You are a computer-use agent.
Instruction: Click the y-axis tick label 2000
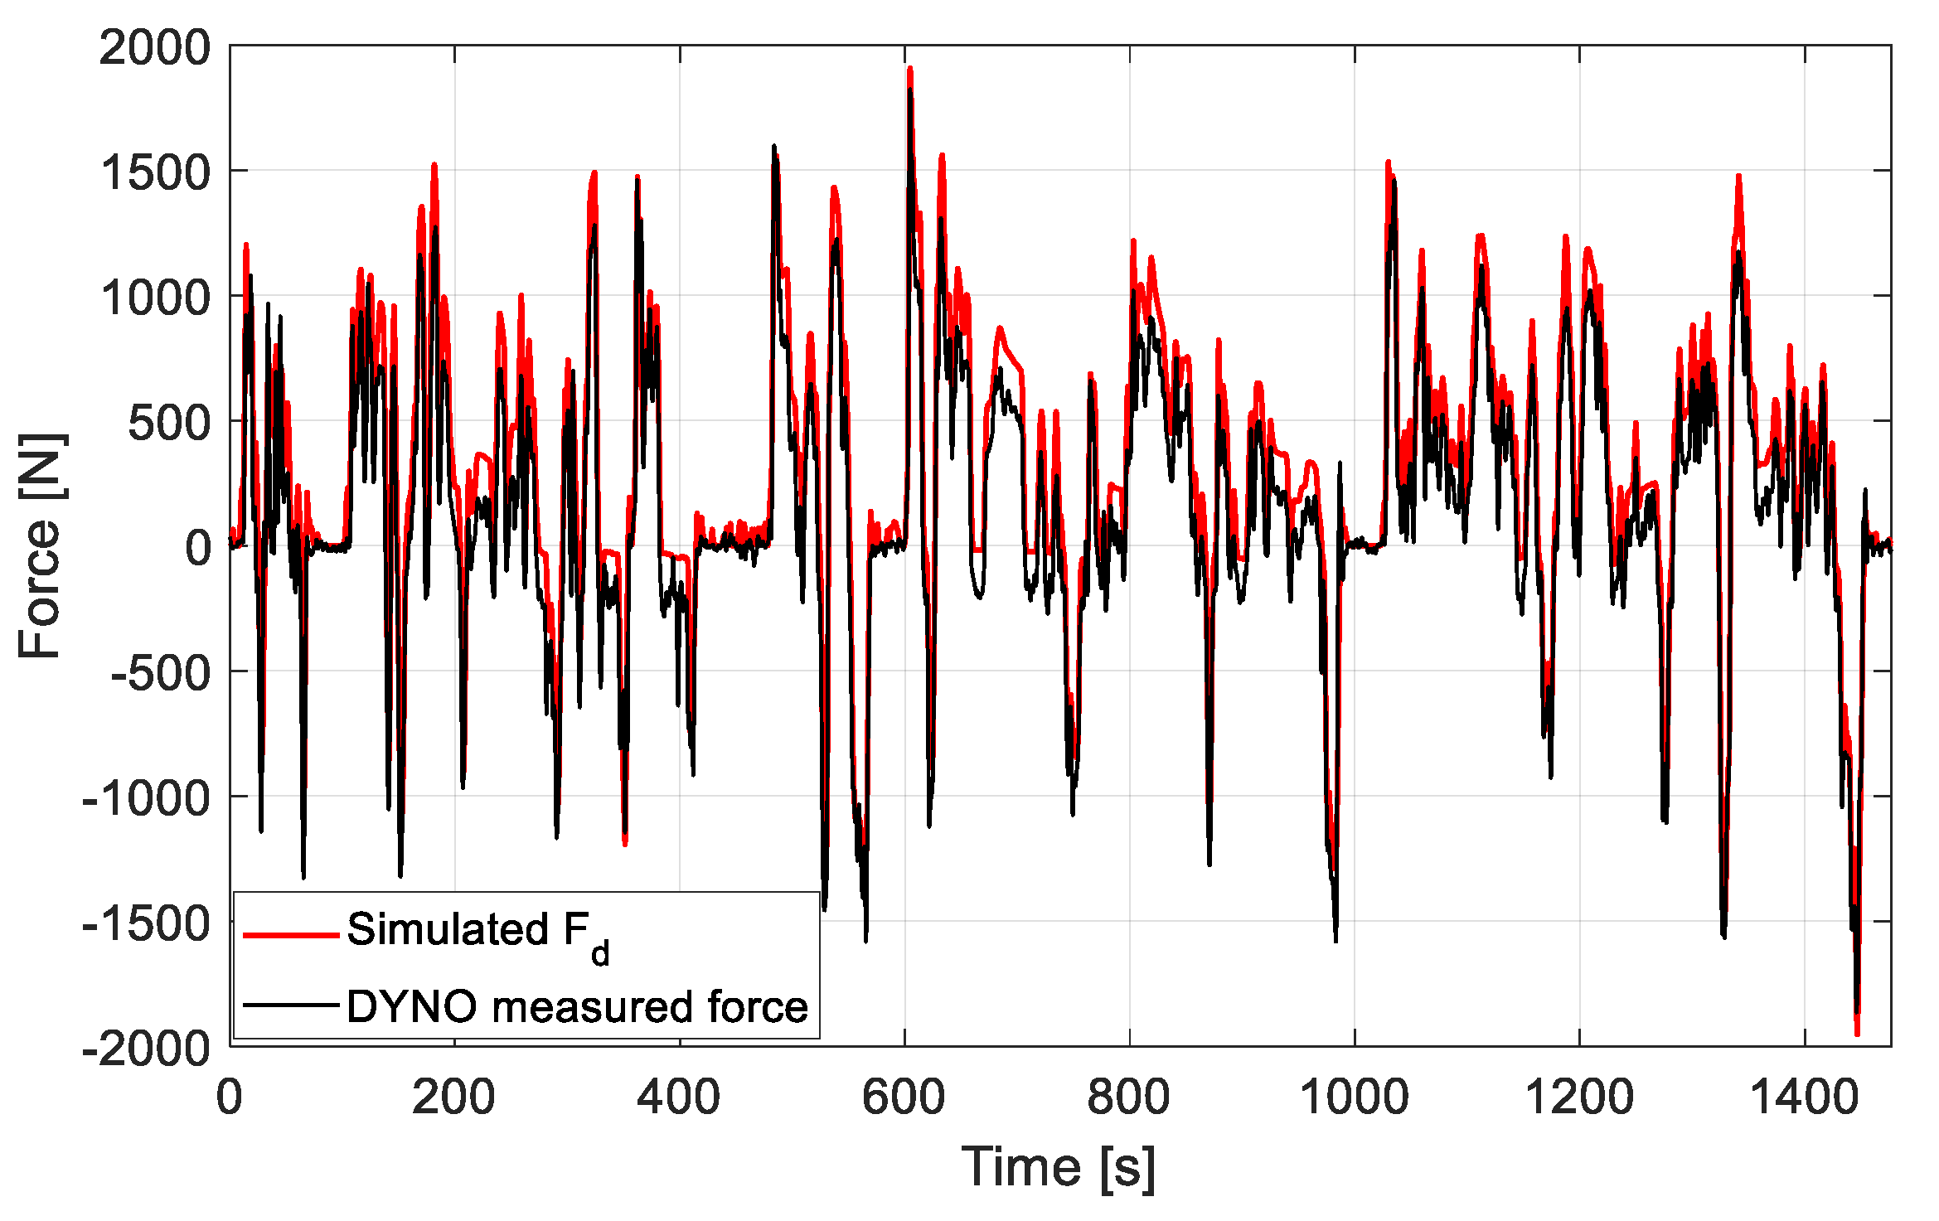coord(155,47)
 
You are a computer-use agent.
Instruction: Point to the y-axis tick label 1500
coord(155,173)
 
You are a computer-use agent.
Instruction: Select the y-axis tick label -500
coord(161,673)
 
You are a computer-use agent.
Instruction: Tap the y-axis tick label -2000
coord(147,1049)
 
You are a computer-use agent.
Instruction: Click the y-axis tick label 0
coord(198,548)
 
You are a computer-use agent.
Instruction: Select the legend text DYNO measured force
coord(577,1006)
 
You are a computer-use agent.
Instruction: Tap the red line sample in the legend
coord(291,935)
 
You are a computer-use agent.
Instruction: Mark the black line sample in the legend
coord(291,1005)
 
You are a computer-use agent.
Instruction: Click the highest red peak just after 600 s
coord(910,70)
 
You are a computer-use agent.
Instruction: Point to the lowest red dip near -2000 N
coord(1857,1033)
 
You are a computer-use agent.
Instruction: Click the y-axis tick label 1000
coord(155,298)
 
